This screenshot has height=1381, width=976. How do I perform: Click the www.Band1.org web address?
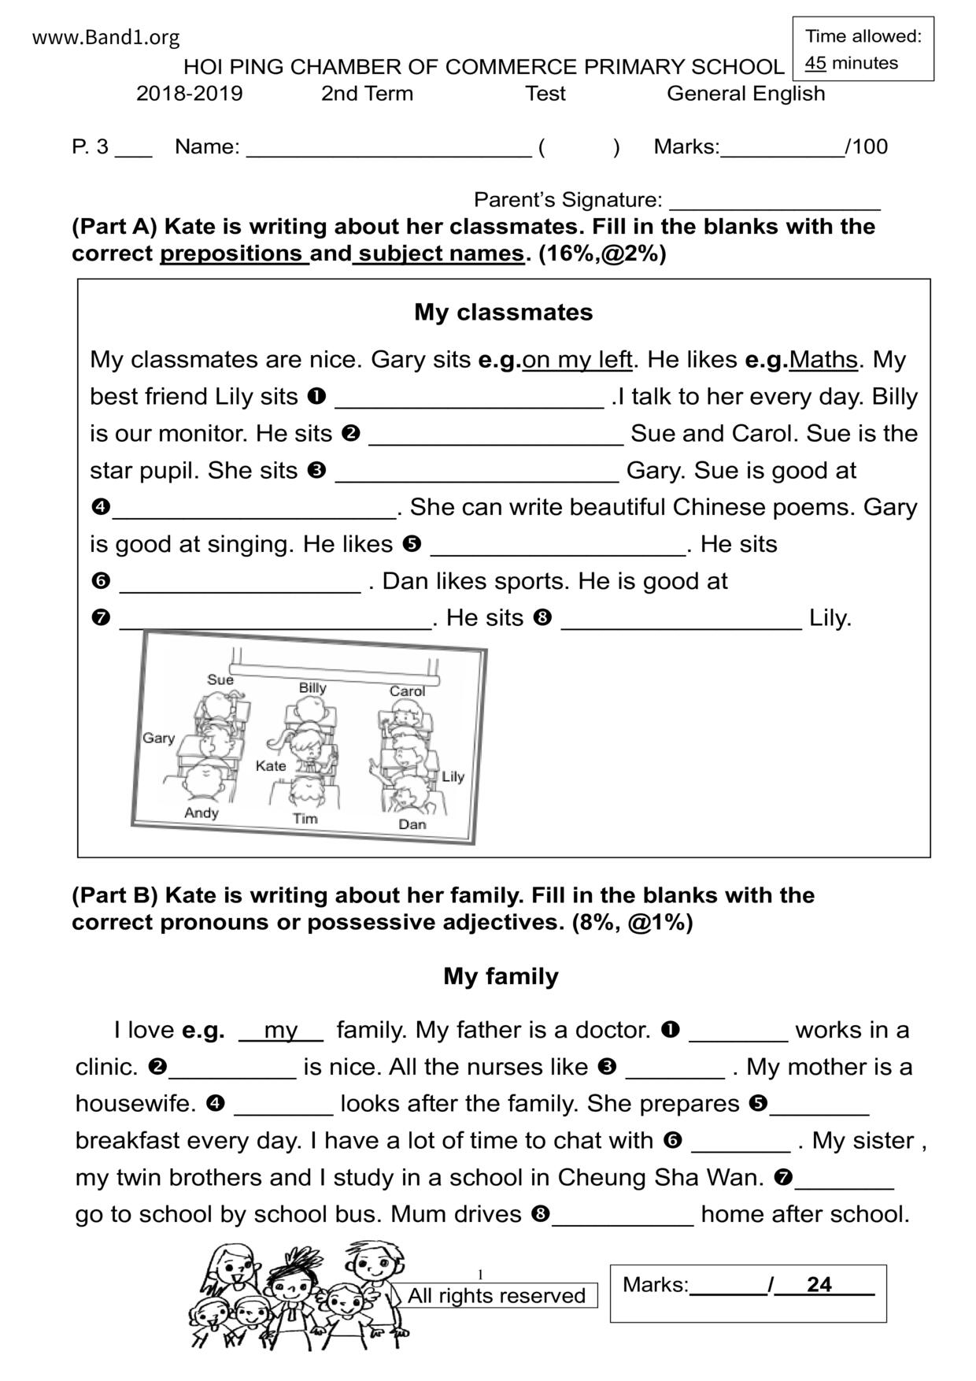tap(105, 38)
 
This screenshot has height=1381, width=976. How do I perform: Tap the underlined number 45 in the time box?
tap(815, 63)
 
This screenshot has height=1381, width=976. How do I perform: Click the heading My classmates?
tap(503, 313)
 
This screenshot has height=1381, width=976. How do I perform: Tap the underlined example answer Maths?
tap(823, 360)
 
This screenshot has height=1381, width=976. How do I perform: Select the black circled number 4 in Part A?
tap(100, 507)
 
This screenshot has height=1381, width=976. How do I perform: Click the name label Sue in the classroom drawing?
tap(220, 679)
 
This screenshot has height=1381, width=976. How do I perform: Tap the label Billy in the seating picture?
tap(312, 687)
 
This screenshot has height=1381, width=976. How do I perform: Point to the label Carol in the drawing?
tap(407, 690)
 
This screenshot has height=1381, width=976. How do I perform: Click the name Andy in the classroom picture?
tap(201, 813)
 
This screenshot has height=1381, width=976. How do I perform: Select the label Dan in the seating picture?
tap(412, 824)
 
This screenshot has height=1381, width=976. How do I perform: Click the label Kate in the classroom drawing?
tap(271, 765)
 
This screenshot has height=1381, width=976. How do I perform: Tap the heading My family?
tap(501, 976)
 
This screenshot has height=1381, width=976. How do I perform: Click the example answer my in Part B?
tap(281, 1030)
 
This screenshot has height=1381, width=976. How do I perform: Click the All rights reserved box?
tap(497, 1295)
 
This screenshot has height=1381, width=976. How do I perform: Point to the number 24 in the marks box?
tap(819, 1284)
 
